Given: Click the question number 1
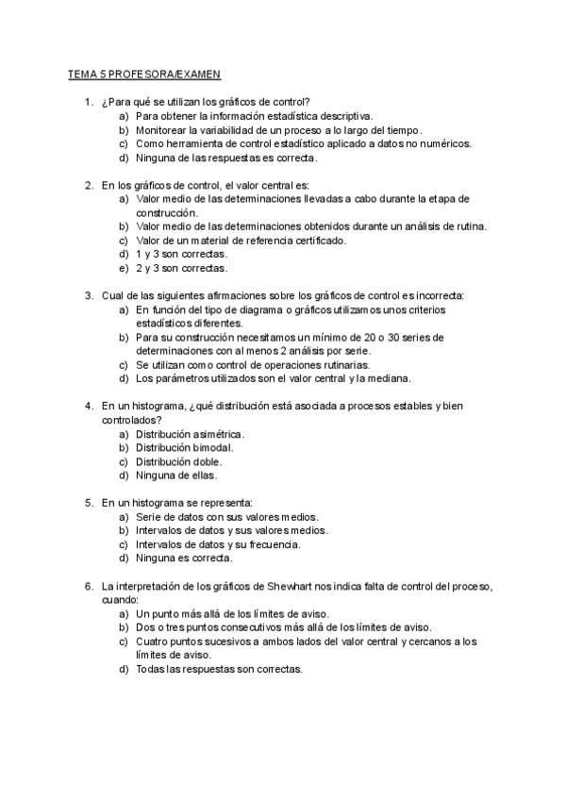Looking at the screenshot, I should coord(87,101).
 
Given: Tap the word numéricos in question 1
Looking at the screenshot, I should coord(444,143).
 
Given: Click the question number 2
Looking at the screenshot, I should coord(87,185).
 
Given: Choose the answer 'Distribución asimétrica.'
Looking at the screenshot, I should coord(190,434).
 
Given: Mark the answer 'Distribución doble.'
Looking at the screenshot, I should coord(179,461).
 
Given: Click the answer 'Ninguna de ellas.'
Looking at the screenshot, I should coord(176,475).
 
